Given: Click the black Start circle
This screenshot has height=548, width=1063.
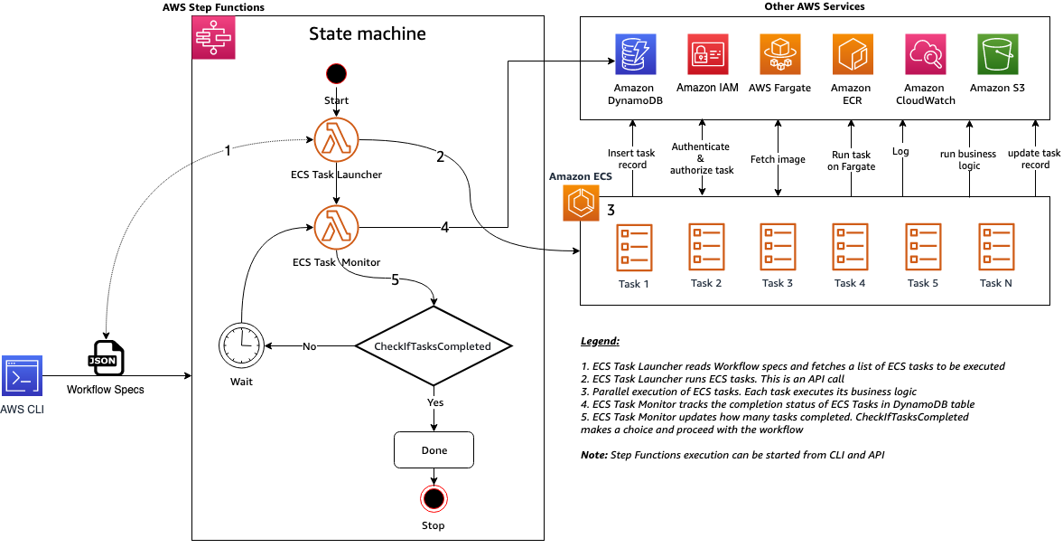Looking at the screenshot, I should pyautogui.click(x=336, y=73).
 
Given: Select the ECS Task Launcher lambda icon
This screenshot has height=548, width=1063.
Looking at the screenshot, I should pyautogui.click(x=336, y=140).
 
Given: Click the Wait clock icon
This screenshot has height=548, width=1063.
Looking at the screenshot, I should pyautogui.click(x=241, y=345).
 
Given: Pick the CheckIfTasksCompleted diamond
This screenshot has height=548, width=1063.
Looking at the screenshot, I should pyautogui.click(x=433, y=345).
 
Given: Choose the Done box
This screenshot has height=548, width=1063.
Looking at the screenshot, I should pyautogui.click(x=434, y=449).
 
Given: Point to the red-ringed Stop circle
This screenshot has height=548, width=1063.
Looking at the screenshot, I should pyautogui.click(x=434, y=498).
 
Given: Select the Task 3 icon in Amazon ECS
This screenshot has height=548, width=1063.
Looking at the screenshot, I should pyautogui.click(x=778, y=248).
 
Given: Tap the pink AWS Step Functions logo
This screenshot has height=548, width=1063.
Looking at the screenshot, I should pyautogui.click(x=213, y=38).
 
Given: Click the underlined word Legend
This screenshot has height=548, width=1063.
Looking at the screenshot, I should pyautogui.click(x=600, y=342).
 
